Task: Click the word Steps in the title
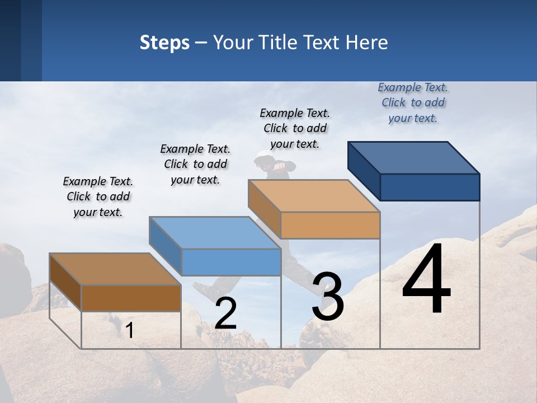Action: pos(164,43)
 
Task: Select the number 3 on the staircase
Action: pos(328,297)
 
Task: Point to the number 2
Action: pos(225,313)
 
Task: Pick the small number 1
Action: pos(130,330)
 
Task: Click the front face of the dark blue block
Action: pos(430,187)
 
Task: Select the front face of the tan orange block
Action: pos(330,225)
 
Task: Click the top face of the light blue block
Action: pos(215,232)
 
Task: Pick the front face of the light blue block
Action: pos(231,262)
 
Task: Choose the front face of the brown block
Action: pos(131,298)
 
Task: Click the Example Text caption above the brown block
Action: pos(98,196)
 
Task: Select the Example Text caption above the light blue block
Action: pos(195,164)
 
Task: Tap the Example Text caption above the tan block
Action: pos(295,128)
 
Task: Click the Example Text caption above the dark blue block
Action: pos(413,102)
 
